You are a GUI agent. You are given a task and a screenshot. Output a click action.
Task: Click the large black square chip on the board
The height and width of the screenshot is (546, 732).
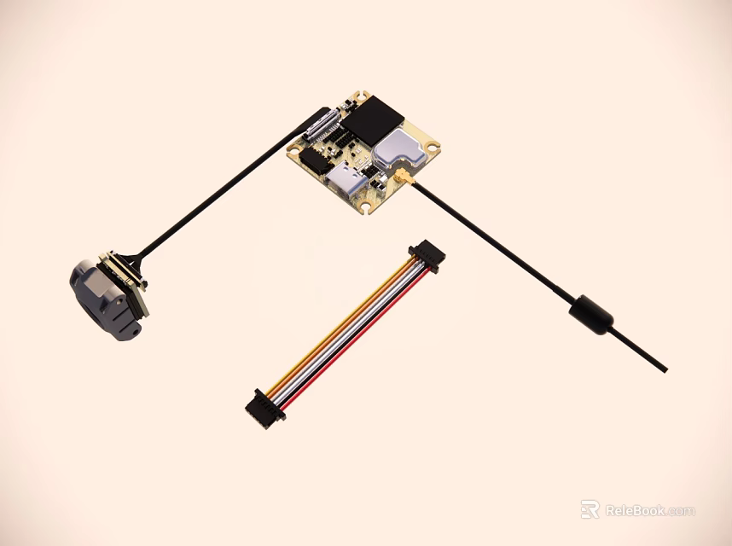372,120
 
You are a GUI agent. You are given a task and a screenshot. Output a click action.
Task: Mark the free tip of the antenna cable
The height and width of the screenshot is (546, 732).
664,369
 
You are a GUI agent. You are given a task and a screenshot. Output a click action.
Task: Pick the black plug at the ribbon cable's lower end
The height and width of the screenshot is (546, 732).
259,408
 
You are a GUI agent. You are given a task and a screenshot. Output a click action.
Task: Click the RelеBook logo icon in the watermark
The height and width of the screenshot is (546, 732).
590,510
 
